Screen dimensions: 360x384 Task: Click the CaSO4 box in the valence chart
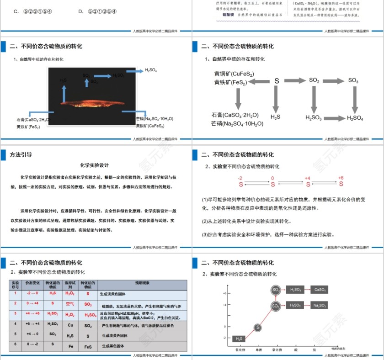pos(320,290)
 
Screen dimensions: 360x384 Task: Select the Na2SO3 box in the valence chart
pos(320,305)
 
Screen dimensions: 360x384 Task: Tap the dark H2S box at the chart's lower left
pos(239,339)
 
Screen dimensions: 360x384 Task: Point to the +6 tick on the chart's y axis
pos(224,293)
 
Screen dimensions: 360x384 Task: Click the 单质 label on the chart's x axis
pos(258,349)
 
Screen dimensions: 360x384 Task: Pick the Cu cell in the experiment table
pos(70,325)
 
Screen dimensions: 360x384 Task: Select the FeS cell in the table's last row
pos(88,347)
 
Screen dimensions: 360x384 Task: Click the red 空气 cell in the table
pos(70,304)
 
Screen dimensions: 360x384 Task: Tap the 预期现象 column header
pos(142,283)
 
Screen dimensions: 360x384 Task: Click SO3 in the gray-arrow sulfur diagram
pos(353,80)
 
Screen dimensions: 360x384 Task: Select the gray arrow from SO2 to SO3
pos(334,80)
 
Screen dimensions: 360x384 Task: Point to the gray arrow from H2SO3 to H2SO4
pos(334,118)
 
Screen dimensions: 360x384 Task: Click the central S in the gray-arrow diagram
pos(277,81)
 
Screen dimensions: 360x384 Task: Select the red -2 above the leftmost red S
pos(240,178)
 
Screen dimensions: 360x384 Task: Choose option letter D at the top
pos(80,11)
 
